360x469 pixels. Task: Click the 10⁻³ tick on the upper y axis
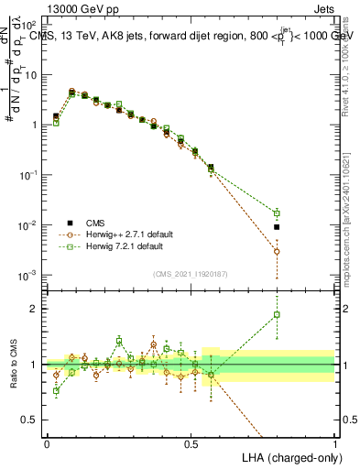coord(30,275)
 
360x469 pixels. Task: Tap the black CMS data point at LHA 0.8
coord(277,226)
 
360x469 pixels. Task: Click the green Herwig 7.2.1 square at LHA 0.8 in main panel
coord(277,213)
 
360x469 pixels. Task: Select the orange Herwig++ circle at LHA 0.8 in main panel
coord(277,251)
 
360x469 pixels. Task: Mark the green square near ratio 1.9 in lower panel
coord(277,314)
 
